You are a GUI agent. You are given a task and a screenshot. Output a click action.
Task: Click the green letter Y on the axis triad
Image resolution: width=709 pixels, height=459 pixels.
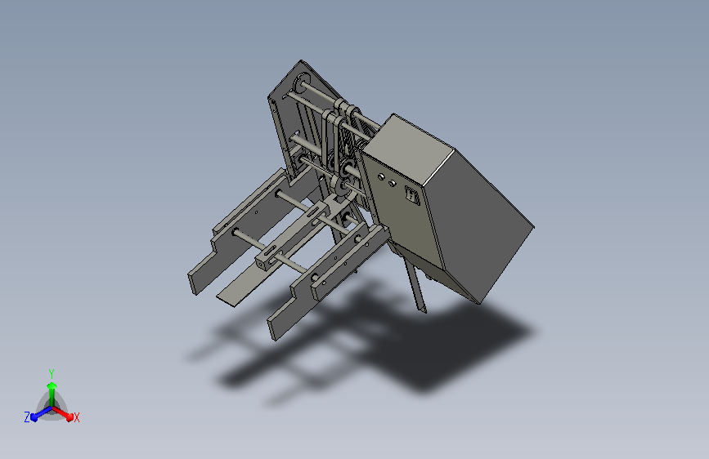[52, 372]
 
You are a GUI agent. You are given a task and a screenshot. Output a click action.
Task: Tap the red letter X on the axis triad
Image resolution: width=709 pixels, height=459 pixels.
[76, 417]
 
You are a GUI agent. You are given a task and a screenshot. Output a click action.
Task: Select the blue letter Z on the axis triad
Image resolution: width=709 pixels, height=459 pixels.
[27, 417]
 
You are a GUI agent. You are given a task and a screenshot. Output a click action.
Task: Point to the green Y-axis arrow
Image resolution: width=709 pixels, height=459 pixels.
[52, 388]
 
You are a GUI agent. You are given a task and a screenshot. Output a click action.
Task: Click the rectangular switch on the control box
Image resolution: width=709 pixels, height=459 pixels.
[412, 196]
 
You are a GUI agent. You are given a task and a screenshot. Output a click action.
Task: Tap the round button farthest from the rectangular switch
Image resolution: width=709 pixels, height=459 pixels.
[380, 176]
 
